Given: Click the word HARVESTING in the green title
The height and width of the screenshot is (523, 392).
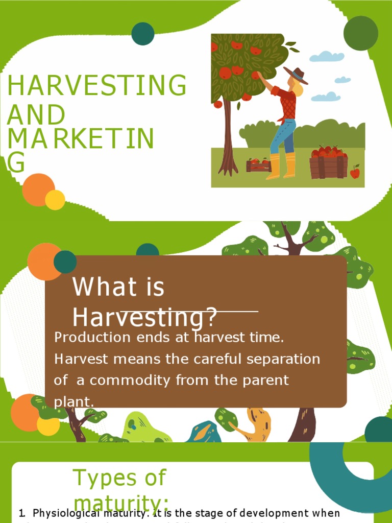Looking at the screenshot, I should point(96,86).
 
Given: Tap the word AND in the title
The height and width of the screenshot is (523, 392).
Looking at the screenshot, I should point(36,115).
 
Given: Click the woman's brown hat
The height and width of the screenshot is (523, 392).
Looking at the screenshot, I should point(297,75).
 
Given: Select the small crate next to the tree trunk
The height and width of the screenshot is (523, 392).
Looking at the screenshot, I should point(258,165).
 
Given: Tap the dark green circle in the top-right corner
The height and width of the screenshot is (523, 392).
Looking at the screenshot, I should point(360,33).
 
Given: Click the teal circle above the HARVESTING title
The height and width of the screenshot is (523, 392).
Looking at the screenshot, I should point(143,34).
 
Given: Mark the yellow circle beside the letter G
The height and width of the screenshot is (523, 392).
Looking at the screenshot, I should point(55,200).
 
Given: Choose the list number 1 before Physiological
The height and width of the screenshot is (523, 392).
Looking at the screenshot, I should point(21,513).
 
